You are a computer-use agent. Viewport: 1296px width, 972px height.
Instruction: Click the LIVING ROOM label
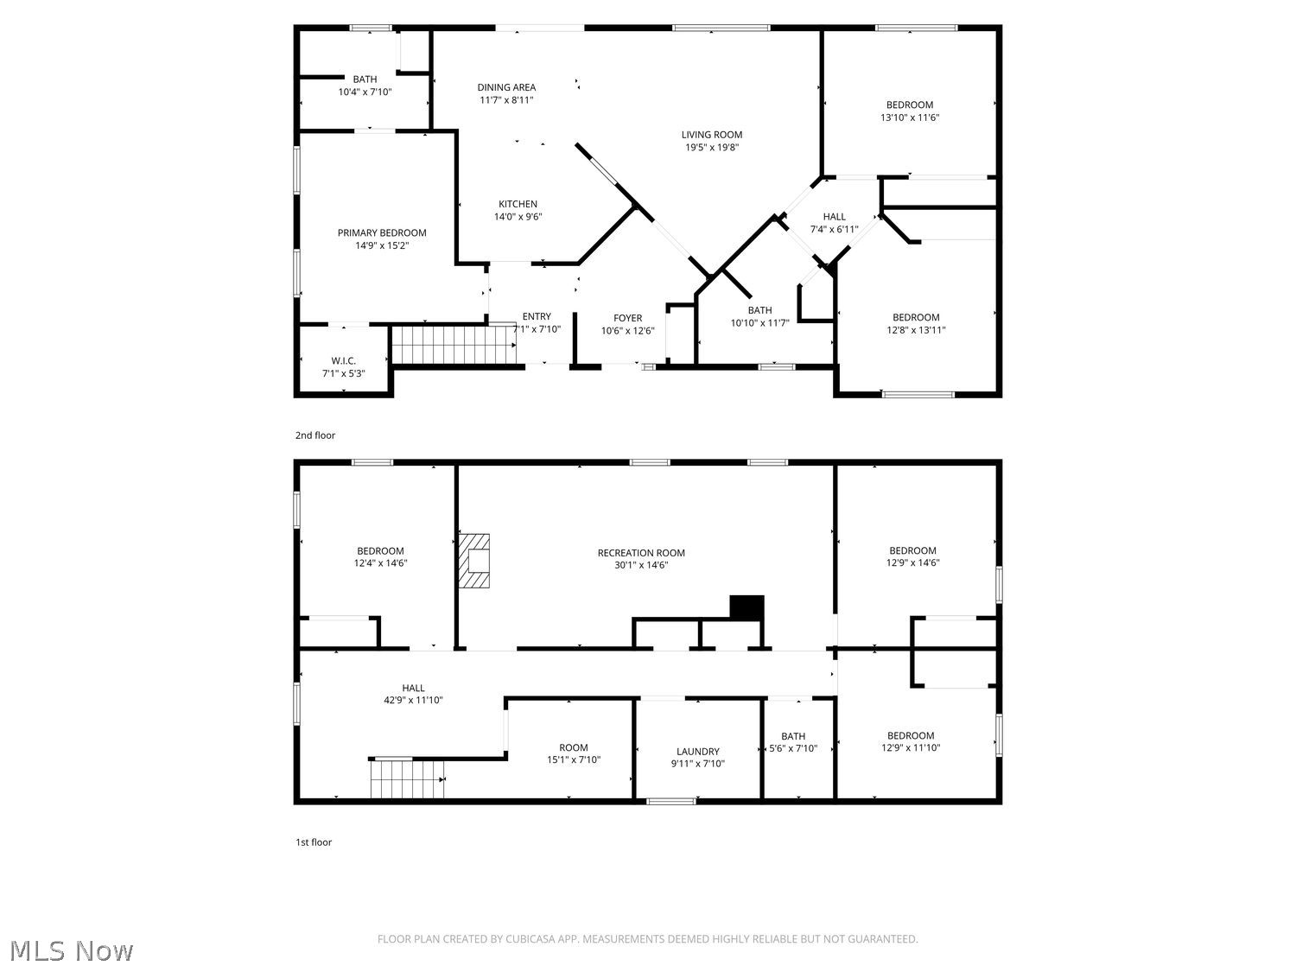711,135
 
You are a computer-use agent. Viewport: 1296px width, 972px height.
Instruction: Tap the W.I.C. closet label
343,360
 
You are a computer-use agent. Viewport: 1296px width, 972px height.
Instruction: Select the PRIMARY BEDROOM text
381,232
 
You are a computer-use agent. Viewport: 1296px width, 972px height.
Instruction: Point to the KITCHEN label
518,204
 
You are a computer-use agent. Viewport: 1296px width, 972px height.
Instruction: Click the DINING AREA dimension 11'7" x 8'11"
506,99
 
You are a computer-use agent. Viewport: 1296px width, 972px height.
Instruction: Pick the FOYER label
627,318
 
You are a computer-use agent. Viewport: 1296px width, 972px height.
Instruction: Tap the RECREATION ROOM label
641,553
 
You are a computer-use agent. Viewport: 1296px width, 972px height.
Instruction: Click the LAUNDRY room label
698,752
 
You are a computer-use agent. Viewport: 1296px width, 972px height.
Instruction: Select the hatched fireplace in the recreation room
474,561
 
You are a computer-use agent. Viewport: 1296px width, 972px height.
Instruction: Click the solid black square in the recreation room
746,608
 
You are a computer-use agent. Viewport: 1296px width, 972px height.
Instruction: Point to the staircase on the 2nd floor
454,345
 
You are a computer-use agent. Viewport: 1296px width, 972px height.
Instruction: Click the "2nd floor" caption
315,435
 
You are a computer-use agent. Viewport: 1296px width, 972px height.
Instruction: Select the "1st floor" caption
314,842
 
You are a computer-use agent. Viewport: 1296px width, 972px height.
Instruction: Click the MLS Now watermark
72,950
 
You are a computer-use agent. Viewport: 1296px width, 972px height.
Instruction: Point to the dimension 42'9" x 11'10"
413,700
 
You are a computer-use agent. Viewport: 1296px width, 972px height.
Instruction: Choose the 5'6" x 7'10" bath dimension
793,748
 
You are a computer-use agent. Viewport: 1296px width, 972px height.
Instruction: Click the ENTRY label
537,316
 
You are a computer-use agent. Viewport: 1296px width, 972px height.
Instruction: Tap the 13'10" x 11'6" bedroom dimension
910,118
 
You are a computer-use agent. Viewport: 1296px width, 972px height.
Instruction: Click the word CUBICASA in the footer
530,939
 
